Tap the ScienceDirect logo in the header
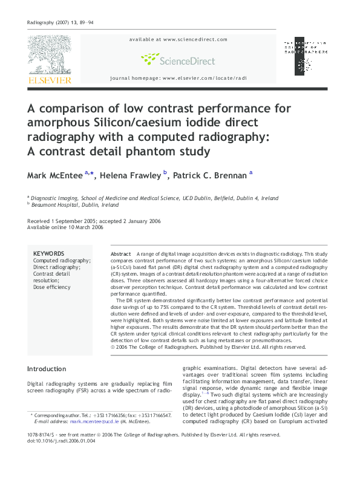(177, 59)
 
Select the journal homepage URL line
(178, 79)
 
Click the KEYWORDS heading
(49, 254)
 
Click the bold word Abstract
(121, 254)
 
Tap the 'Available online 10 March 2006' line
(65, 227)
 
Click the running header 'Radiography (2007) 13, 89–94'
(61, 22)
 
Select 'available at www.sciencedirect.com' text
(178, 39)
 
